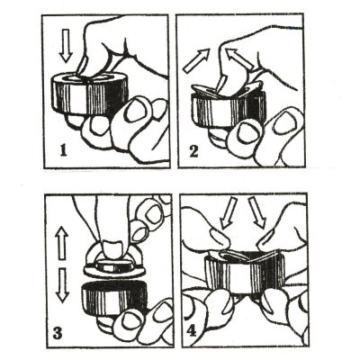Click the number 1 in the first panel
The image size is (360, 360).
[x=63, y=151]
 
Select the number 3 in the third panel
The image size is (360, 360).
[x=58, y=333]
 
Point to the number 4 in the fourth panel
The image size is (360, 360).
[x=192, y=332]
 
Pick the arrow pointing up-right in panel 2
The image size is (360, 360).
[x=197, y=61]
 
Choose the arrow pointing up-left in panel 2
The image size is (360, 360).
[x=240, y=58]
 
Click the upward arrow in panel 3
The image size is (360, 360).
[x=62, y=242]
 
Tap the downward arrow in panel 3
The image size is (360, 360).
[x=63, y=285]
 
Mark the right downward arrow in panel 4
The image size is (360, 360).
[x=256, y=212]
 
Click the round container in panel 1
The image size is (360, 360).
[x=91, y=93]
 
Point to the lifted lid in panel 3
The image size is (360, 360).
[x=115, y=263]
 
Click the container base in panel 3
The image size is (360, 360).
[x=114, y=298]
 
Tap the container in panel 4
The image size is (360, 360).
[x=244, y=273]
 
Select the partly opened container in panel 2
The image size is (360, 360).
[x=228, y=103]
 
